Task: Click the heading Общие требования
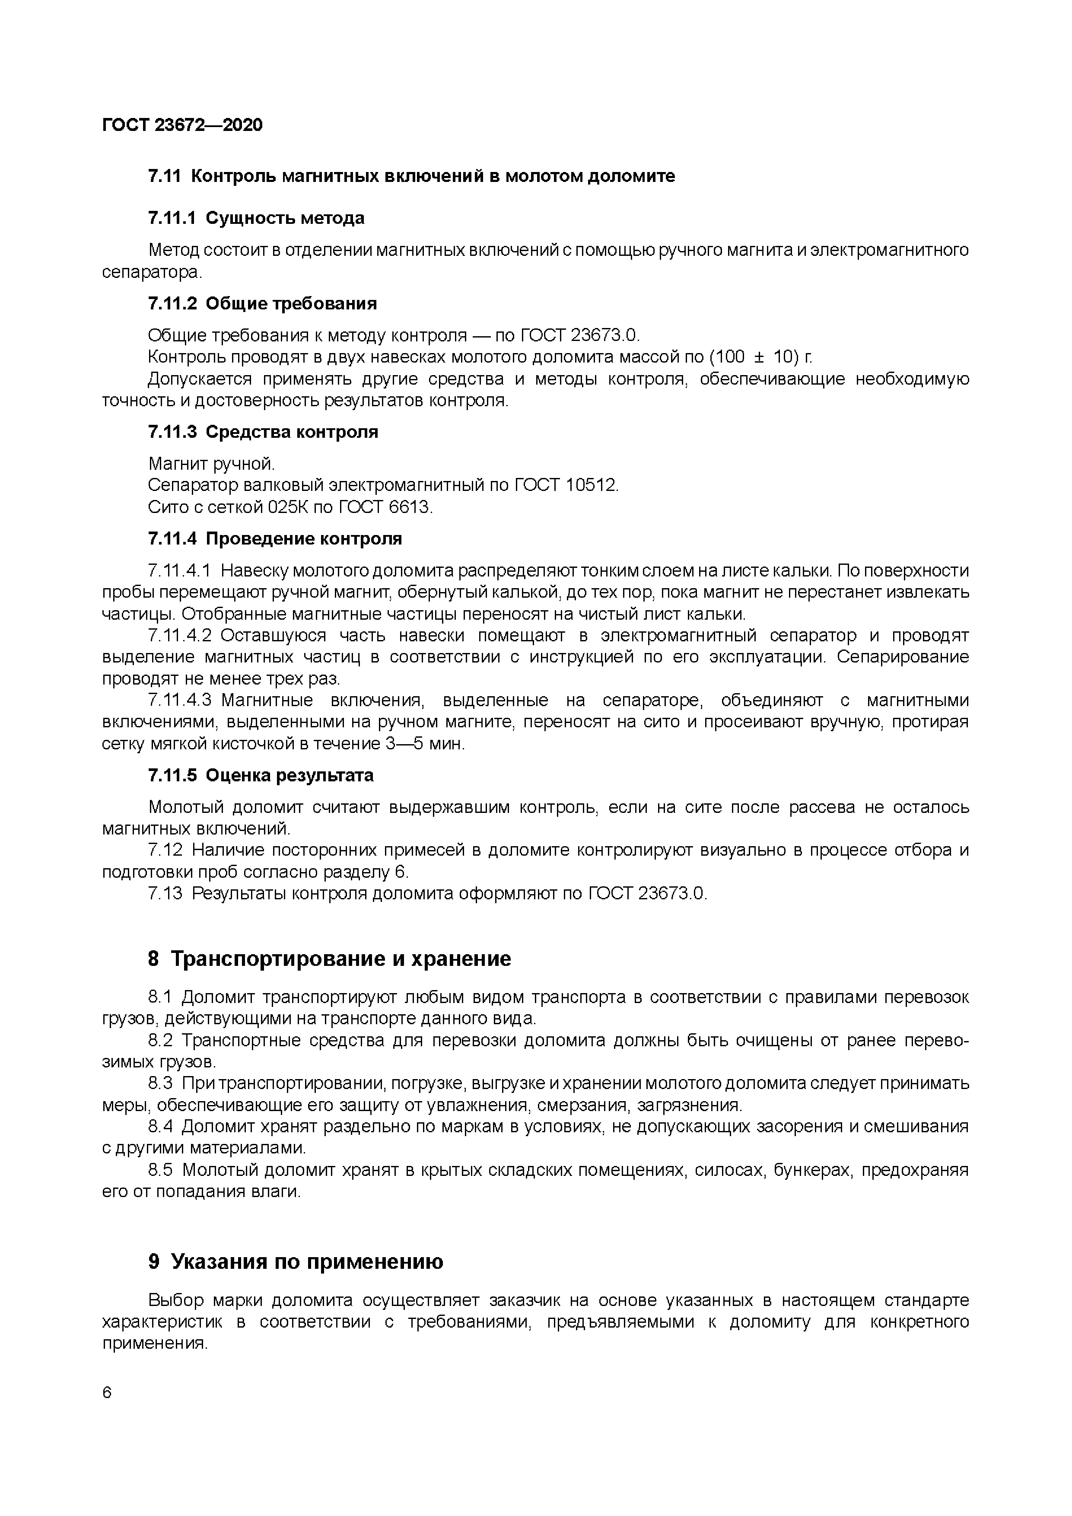pos(291,304)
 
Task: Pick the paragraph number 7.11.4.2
pos(180,636)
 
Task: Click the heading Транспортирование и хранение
pos(340,959)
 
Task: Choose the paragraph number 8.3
pos(160,1083)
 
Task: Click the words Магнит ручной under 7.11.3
pos(211,464)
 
